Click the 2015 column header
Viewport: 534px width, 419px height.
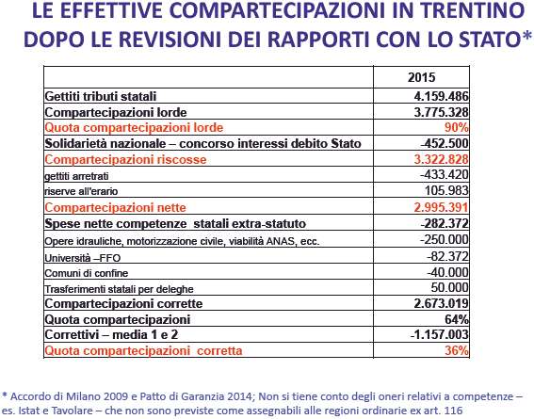point(421,77)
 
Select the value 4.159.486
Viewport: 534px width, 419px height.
point(442,96)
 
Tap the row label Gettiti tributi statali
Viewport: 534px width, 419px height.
point(101,97)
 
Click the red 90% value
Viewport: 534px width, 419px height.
point(457,128)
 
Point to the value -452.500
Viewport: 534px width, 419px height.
point(445,143)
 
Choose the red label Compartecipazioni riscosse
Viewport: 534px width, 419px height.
point(125,160)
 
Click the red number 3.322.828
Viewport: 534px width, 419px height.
point(442,159)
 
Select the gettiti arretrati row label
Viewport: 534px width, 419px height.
point(76,176)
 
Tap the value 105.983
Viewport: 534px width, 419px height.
point(446,190)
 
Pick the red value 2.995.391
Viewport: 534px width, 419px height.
point(442,207)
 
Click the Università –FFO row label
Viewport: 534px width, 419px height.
point(83,258)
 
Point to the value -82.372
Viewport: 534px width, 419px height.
point(447,256)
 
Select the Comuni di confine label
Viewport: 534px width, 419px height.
point(87,273)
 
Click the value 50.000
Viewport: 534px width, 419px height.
point(449,287)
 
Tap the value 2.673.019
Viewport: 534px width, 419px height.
point(442,303)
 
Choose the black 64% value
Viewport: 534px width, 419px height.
point(457,319)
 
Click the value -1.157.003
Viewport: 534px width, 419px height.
point(439,334)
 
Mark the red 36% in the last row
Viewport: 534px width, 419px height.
point(457,350)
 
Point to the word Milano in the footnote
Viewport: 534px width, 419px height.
point(83,396)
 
